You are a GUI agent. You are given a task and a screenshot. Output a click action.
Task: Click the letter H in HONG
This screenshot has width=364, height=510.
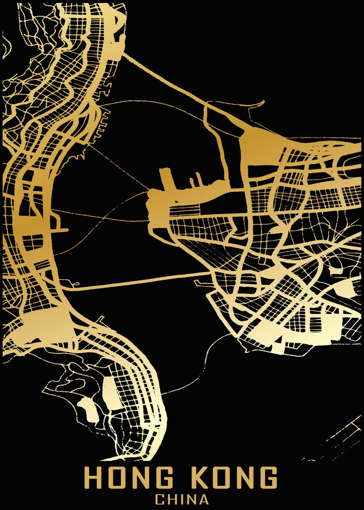tap(93, 479)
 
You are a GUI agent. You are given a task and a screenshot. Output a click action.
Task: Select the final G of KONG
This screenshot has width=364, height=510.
tap(268, 479)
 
